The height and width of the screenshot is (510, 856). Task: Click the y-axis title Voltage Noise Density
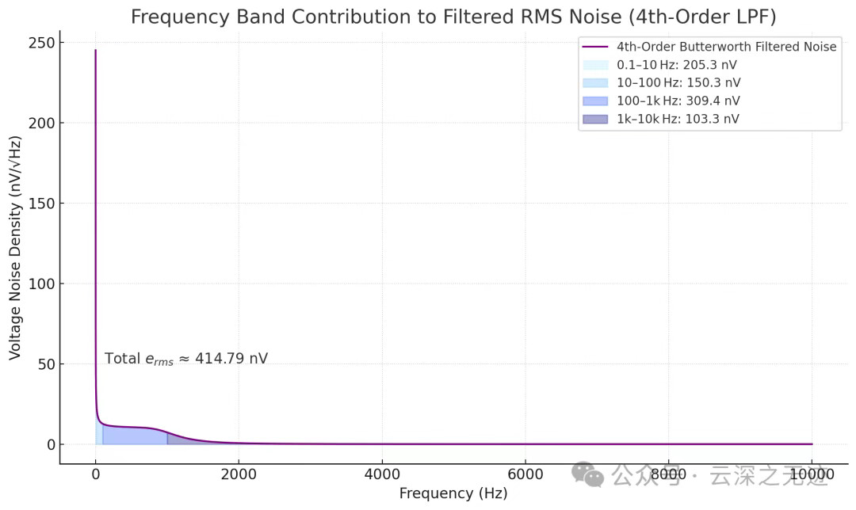(x=15, y=247)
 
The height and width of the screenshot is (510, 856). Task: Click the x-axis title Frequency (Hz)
(x=453, y=493)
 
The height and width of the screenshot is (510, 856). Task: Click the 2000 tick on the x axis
(x=239, y=475)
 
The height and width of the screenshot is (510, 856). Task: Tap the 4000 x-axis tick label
(x=382, y=475)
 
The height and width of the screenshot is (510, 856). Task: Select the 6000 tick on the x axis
(x=525, y=475)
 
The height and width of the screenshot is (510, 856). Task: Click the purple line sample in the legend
(x=594, y=47)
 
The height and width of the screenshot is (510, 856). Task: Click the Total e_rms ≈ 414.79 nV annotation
(x=186, y=359)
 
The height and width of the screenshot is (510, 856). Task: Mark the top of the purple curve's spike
(x=95, y=51)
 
